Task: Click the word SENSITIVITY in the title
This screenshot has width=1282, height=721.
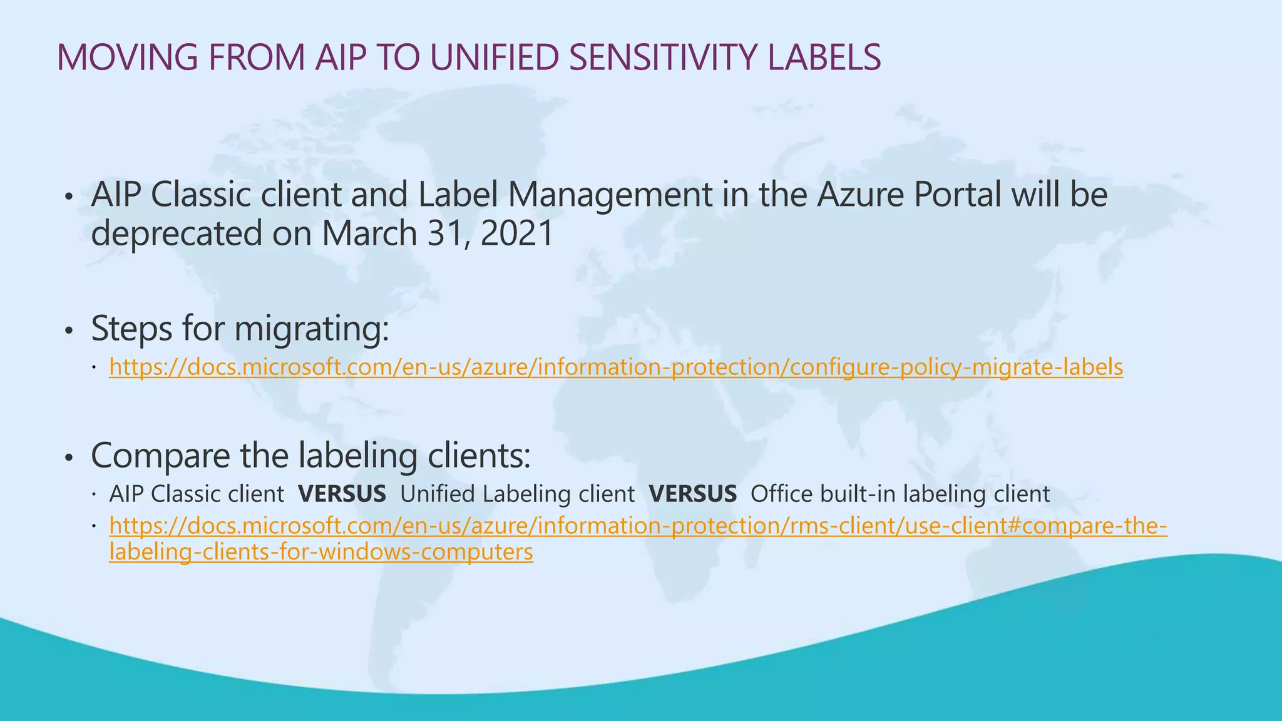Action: [x=664, y=57]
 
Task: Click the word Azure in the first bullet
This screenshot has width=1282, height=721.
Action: [x=860, y=195]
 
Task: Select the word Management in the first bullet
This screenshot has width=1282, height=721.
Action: [x=609, y=195]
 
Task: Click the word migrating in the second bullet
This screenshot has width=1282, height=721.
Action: [x=311, y=329]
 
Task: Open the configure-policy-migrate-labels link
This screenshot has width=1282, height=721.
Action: [x=616, y=367]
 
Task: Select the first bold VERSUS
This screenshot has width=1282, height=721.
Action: [x=342, y=494]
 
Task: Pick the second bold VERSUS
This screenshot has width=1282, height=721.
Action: [x=693, y=494]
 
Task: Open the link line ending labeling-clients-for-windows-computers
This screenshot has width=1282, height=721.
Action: [x=320, y=552]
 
